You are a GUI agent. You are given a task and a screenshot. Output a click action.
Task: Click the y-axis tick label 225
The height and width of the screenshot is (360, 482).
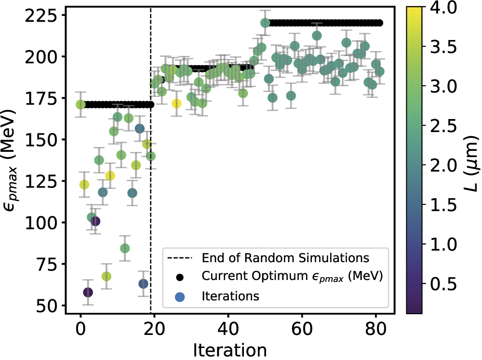pos(42,15)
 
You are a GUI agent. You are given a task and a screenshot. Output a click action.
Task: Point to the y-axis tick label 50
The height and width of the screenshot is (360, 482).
pos(48,306)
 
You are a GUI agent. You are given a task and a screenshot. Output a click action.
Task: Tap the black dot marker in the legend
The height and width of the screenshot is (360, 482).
pos(180,277)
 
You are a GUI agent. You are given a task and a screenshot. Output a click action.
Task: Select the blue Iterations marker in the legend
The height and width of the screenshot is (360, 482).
pos(180,296)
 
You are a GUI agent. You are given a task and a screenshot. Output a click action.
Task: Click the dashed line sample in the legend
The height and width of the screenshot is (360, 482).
pos(180,257)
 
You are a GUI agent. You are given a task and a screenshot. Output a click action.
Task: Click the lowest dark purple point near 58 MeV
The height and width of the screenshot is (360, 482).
pos(88,293)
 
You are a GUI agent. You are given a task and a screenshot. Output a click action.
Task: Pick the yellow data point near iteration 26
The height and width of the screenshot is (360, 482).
pos(177,104)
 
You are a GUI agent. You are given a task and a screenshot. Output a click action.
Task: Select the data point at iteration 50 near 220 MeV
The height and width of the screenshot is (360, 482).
pos(265,23)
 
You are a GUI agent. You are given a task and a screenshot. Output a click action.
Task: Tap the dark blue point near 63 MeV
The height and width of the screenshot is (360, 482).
pos(143,284)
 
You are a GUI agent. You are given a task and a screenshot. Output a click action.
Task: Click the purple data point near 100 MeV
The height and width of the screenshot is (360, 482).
pos(95,221)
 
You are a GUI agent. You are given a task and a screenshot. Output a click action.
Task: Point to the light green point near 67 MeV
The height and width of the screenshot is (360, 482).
pos(107,276)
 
